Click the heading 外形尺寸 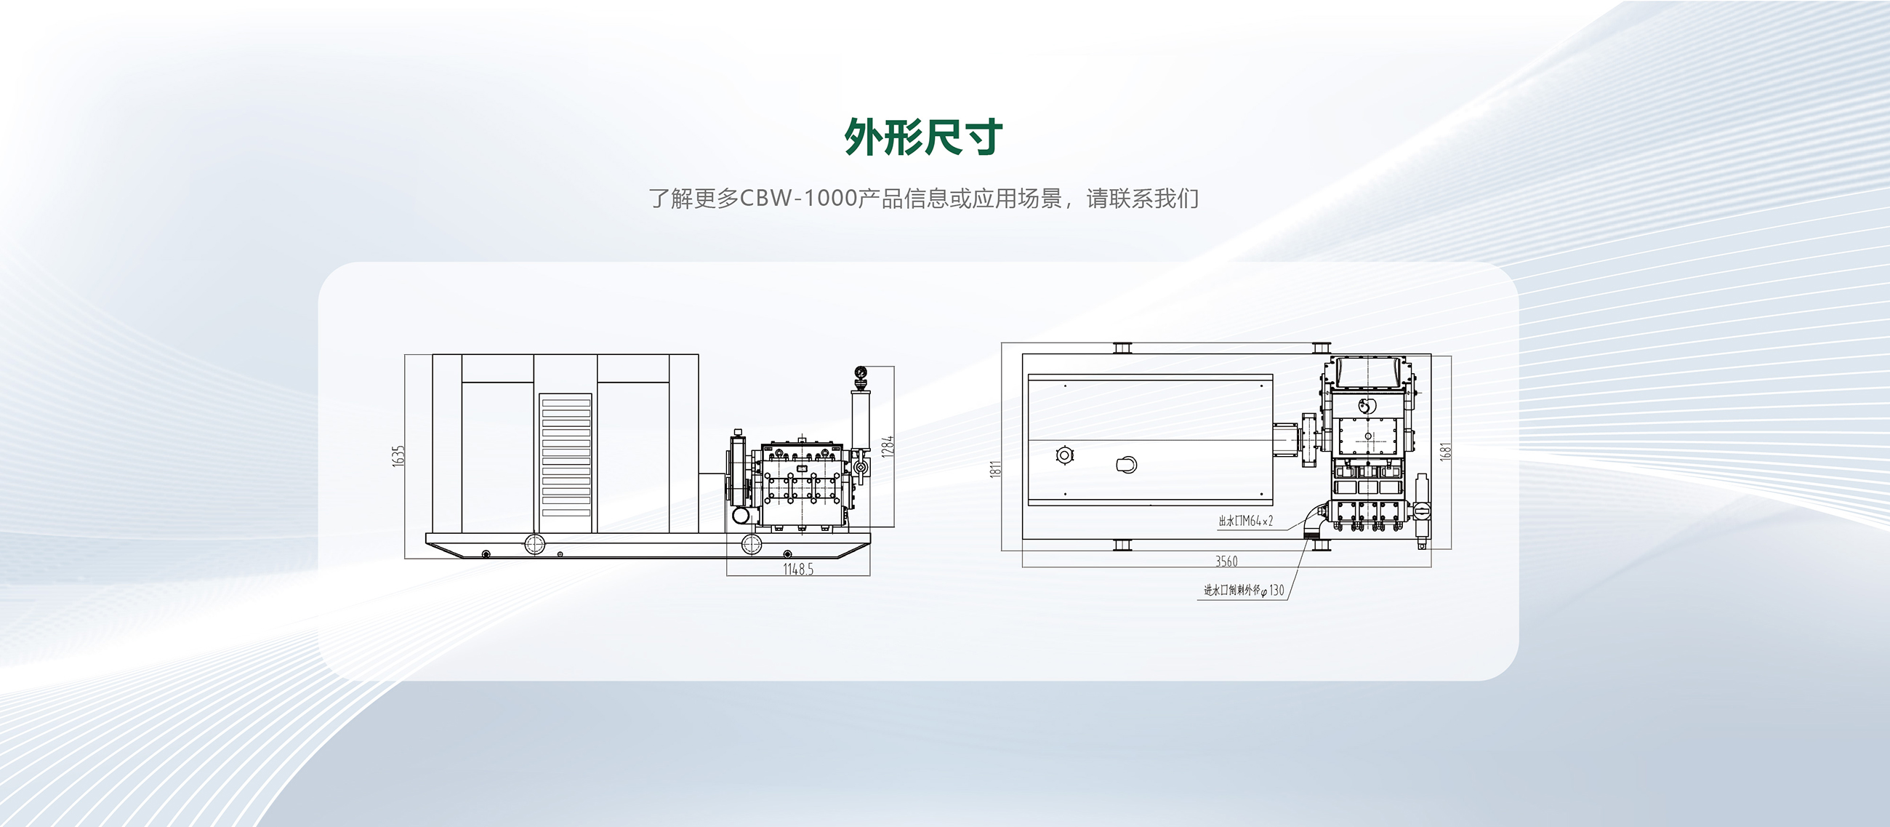pyautogui.click(x=923, y=137)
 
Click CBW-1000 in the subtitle pyautogui.click(x=798, y=199)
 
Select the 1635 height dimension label pyautogui.click(x=398, y=456)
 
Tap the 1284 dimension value pyautogui.click(x=888, y=446)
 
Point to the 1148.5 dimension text pyautogui.click(x=797, y=570)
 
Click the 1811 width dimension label pyautogui.click(x=996, y=470)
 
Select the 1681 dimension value pyautogui.click(x=1444, y=450)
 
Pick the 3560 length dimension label pyautogui.click(x=1226, y=562)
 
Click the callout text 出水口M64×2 pyautogui.click(x=1245, y=522)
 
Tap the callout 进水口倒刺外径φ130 pyautogui.click(x=1244, y=591)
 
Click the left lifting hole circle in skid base pyautogui.click(x=535, y=544)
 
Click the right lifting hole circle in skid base pyautogui.click(x=751, y=544)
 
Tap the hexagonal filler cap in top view pyautogui.click(x=1065, y=455)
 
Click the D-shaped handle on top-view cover pyautogui.click(x=1127, y=465)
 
